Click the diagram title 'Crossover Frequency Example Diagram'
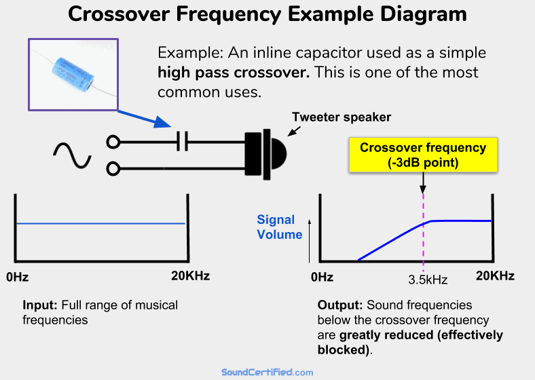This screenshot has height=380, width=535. pyautogui.click(x=267, y=16)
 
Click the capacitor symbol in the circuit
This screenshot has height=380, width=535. pyautogui.click(x=181, y=142)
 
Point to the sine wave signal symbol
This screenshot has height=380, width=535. pyautogui.click(x=72, y=155)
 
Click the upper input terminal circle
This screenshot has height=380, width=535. pyautogui.click(x=113, y=142)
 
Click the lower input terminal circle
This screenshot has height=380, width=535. pyautogui.click(x=113, y=166)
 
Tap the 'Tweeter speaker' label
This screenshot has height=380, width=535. pyautogui.click(x=342, y=117)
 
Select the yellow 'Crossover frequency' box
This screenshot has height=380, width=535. pyautogui.click(x=422, y=155)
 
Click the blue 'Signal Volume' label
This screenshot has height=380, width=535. pyautogui.click(x=279, y=227)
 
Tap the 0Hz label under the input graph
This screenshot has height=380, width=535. pyautogui.click(x=17, y=276)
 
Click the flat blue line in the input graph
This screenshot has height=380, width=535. pyautogui.click(x=100, y=223)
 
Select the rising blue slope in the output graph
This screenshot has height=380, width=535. pyautogui.click(x=390, y=241)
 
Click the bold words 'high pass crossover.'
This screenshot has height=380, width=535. pyautogui.click(x=234, y=73)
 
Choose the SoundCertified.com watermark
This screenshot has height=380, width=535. pyautogui.click(x=267, y=372)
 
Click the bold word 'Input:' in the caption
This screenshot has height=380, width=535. pyautogui.click(x=39, y=305)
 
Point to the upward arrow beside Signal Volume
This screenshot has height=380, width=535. pyautogui.click(x=310, y=241)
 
